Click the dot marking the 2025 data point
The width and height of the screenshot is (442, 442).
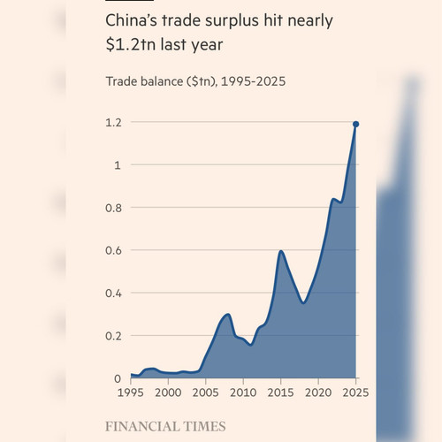[x=355, y=124]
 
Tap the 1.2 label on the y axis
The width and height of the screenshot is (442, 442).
[x=113, y=123]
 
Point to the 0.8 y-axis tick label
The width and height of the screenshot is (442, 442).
[x=113, y=208]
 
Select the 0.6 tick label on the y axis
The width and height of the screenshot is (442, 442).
[x=113, y=250]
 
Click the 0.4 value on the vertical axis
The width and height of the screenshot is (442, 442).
[x=113, y=293]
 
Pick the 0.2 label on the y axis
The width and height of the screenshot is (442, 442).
[x=113, y=336]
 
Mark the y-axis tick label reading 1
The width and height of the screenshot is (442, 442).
[x=118, y=165]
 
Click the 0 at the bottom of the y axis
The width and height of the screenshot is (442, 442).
[x=118, y=378]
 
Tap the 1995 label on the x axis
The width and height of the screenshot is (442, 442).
[x=131, y=392]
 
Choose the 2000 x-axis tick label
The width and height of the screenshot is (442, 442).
[x=168, y=392]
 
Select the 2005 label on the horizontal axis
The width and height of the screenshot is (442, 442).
[x=206, y=392]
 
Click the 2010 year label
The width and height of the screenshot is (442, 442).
[x=243, y=392]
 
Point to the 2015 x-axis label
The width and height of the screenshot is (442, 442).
[x=280, y=392]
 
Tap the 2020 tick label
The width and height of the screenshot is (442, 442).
[x=318, y=392]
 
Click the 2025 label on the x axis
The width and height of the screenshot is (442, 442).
[x=355, y=392]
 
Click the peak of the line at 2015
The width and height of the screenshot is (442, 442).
[x=281, y=251]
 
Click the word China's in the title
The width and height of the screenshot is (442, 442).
[x=131, y=20]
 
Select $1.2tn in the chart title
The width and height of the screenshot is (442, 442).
[x=131, y=45]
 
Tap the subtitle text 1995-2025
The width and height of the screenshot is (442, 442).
[x=254, y=81]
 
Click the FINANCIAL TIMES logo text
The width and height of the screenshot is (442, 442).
[x=165, y=426]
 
